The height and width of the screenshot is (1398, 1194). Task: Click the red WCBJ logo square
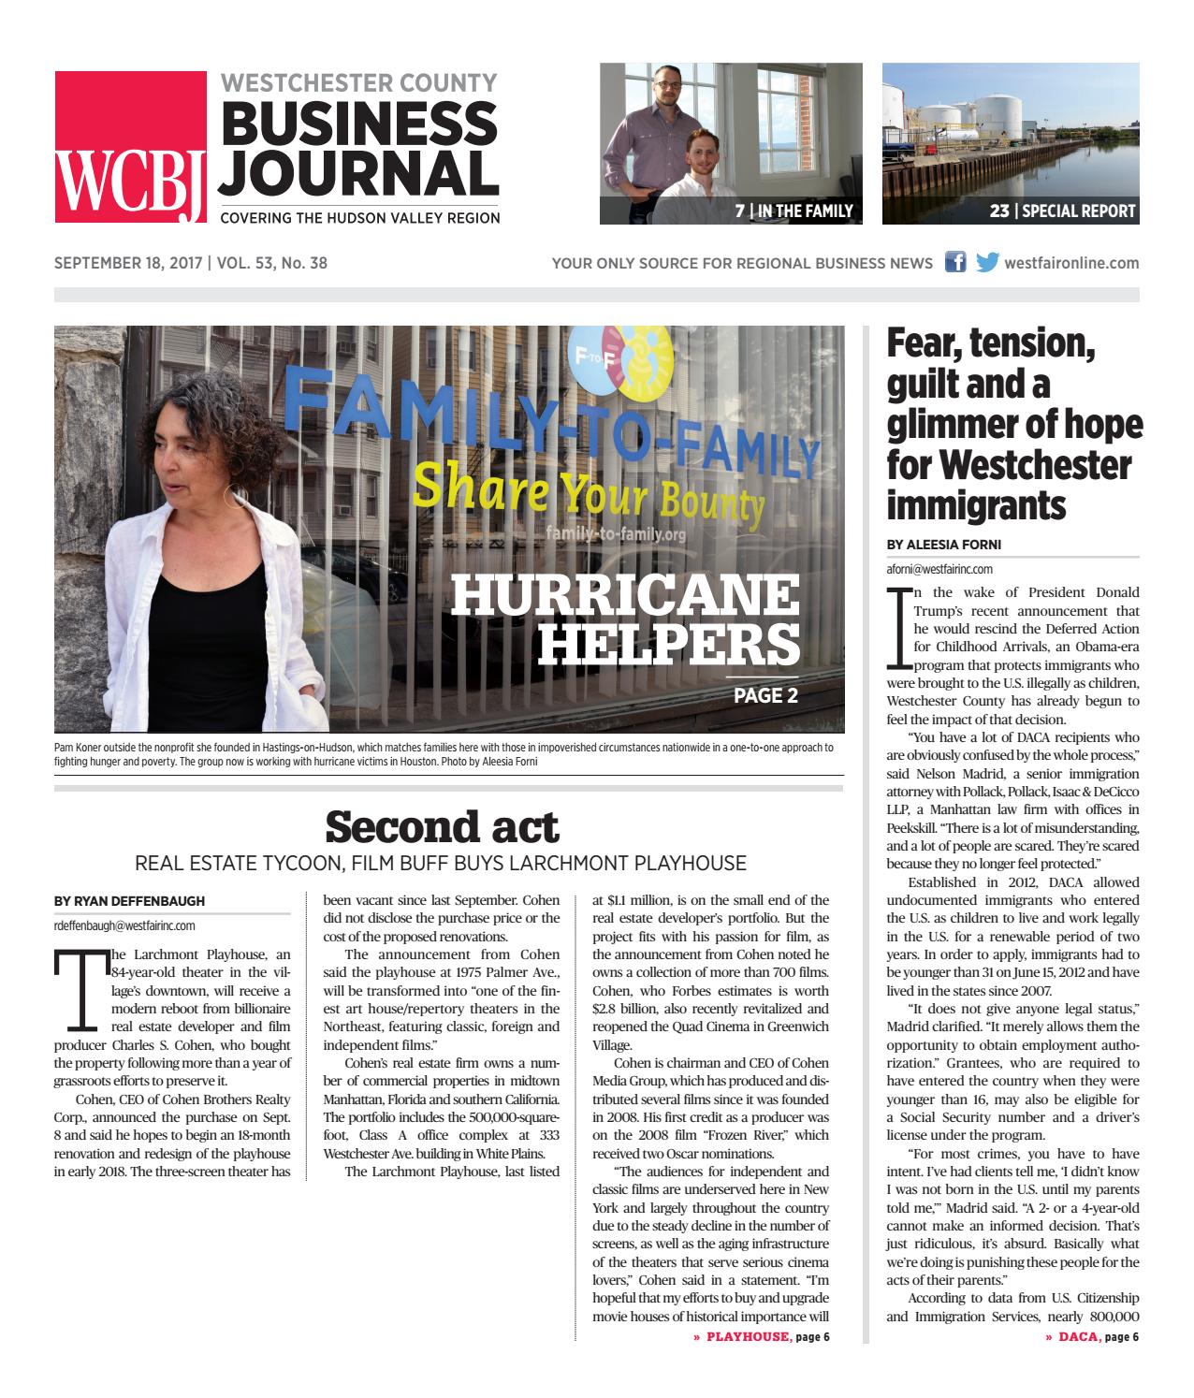click(130, 147)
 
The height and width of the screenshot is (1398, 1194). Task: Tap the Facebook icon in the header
click(955, 262)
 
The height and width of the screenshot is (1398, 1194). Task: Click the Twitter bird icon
click(986, 262)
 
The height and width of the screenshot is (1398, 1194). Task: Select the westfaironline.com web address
click(1071, 263)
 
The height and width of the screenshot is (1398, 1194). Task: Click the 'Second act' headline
click(441, 827)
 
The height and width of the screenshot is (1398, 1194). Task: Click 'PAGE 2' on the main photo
click(764, 695)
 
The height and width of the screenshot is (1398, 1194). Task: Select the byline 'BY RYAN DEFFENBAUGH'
click(129, 901)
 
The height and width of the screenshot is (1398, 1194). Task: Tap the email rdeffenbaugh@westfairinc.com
click(124, 925)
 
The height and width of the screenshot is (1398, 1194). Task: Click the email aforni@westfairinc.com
click(939, 568)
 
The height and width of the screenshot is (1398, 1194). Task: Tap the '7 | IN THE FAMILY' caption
click(794, 211)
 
